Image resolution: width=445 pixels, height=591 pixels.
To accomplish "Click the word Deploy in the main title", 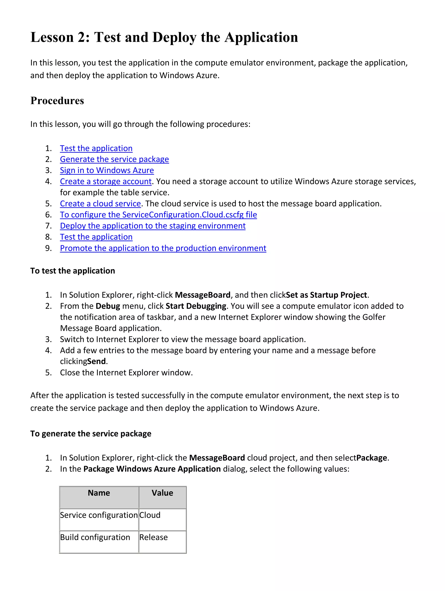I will pos(174,37).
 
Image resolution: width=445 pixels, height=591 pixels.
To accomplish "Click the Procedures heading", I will pos(57,101).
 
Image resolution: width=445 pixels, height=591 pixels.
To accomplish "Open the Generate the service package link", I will pos(114,159).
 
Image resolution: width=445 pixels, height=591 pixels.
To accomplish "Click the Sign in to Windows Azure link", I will pos(107,170).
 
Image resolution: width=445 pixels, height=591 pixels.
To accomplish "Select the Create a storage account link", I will pos(106,181).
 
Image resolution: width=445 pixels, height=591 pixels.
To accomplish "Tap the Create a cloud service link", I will pos(100,204).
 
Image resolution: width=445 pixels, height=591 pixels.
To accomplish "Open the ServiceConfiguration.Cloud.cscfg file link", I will pos(158,215).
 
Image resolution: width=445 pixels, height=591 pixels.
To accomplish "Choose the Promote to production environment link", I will pos(163,248).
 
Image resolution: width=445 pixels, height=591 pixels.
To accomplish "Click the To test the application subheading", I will pos(73,271).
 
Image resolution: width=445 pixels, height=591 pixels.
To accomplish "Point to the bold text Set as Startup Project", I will pos(327,295).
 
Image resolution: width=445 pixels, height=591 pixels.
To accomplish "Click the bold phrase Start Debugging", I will pos(196,306).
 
